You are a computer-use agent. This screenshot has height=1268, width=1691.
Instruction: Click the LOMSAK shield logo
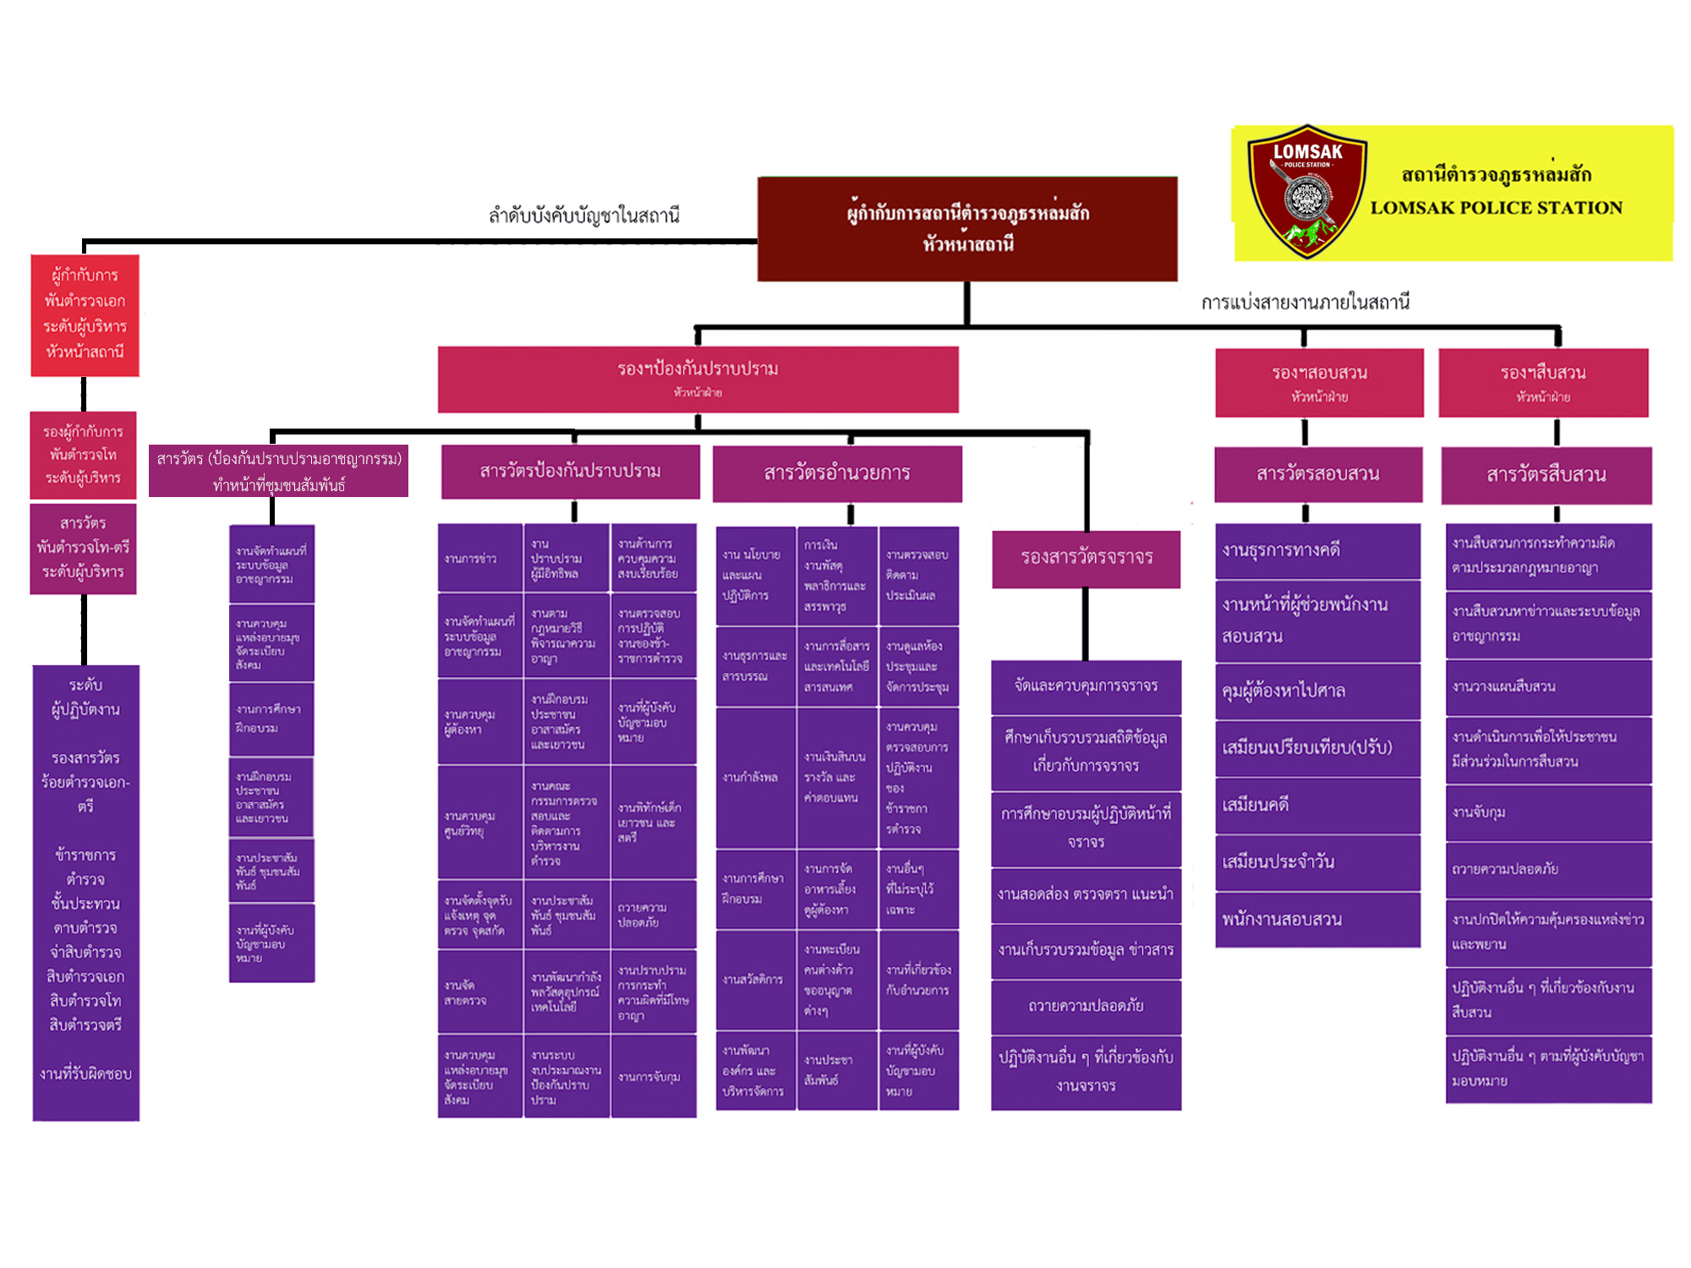point(1306,192)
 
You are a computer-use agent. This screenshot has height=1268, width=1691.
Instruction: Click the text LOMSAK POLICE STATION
point(1496,208)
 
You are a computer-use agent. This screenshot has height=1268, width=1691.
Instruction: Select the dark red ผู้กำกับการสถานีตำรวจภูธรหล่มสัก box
point(967,229)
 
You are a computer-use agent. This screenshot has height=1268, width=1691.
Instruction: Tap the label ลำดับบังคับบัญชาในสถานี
point(584,216)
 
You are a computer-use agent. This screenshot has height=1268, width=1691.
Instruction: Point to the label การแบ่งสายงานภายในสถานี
point(1305,303)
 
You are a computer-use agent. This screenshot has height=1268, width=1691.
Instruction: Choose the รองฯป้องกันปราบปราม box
point(698,379)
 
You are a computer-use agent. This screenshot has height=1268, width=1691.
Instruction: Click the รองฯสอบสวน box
point(1319,382)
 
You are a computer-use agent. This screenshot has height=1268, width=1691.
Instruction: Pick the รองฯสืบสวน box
point(1543,382)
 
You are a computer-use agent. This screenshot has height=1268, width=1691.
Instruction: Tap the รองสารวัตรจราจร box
point(1086,558)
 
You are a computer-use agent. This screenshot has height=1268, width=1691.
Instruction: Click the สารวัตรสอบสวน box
point(1318,474)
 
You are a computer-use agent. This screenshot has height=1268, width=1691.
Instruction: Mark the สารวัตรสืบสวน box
point(1546,475)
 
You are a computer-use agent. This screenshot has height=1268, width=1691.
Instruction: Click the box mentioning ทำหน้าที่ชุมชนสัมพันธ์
point(278,471)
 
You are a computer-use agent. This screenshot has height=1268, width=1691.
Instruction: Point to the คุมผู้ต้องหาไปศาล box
point(1317,691)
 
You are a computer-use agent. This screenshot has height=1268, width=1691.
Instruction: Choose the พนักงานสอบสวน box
point(1317,920)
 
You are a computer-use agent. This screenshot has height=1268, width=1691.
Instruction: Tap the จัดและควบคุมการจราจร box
point(1086,686)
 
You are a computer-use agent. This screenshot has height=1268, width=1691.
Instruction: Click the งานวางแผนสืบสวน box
point(1548,686)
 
